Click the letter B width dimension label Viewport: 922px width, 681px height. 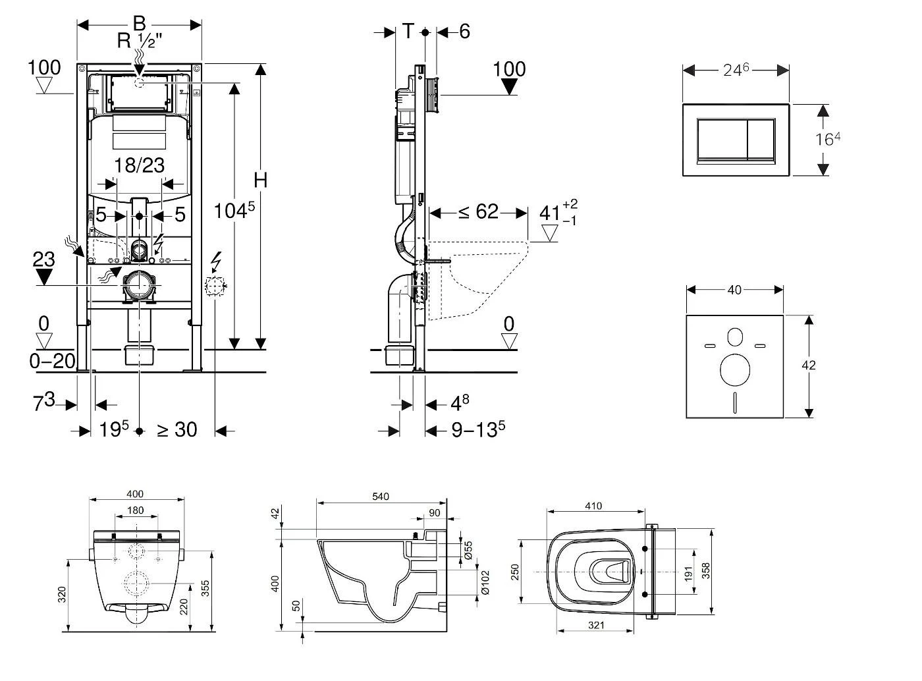(139, 23)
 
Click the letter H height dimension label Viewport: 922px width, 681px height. (261, 180)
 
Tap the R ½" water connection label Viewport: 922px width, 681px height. (140, 41)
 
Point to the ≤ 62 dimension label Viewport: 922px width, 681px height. (478, 212)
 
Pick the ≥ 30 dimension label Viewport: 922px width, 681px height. (176, 430)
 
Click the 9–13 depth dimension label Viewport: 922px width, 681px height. (478, 430)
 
